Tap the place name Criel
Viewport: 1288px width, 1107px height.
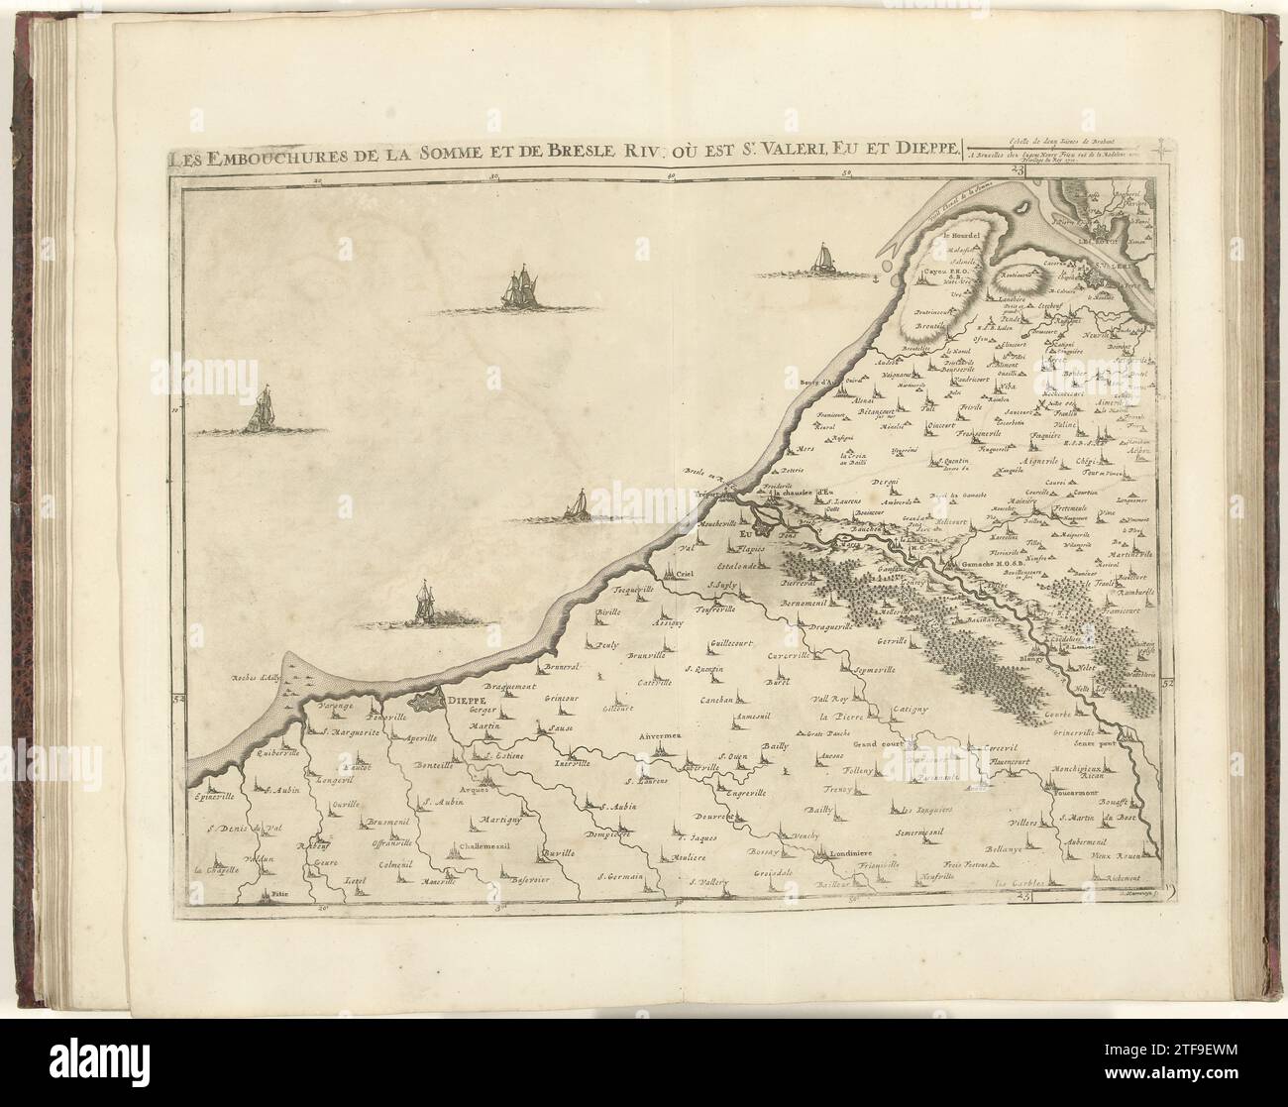point(679,572)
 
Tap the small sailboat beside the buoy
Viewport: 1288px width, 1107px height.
point(821,261)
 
